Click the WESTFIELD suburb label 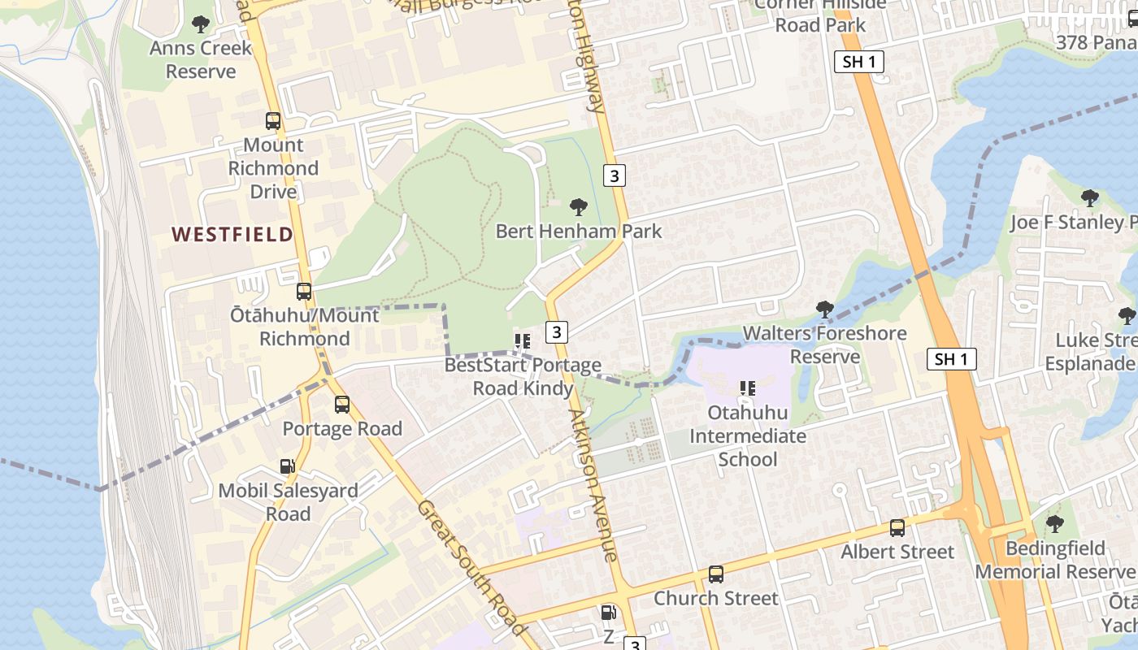pos(232,235)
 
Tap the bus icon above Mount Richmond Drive pos(273,121)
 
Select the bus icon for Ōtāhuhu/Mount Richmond pos(304,291)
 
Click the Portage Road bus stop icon pos(342,404)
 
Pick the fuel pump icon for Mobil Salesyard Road pos(288,466)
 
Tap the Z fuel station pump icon pos(608,613)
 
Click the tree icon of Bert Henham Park pos(579,207)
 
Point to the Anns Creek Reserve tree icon pos(201,24)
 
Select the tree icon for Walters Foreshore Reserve pos(824,309)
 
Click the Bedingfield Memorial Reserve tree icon pos(1054,524)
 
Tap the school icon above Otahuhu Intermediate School pos(748,388)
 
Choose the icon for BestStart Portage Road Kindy pos(523,341)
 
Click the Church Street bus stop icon pos(716,574)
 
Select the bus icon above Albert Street pos(897,528)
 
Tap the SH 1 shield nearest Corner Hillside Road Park pos(858,62)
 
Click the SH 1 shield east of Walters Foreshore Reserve pos(951,359)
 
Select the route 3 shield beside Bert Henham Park pos(615,175)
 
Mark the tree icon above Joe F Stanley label pos(1089,198)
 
